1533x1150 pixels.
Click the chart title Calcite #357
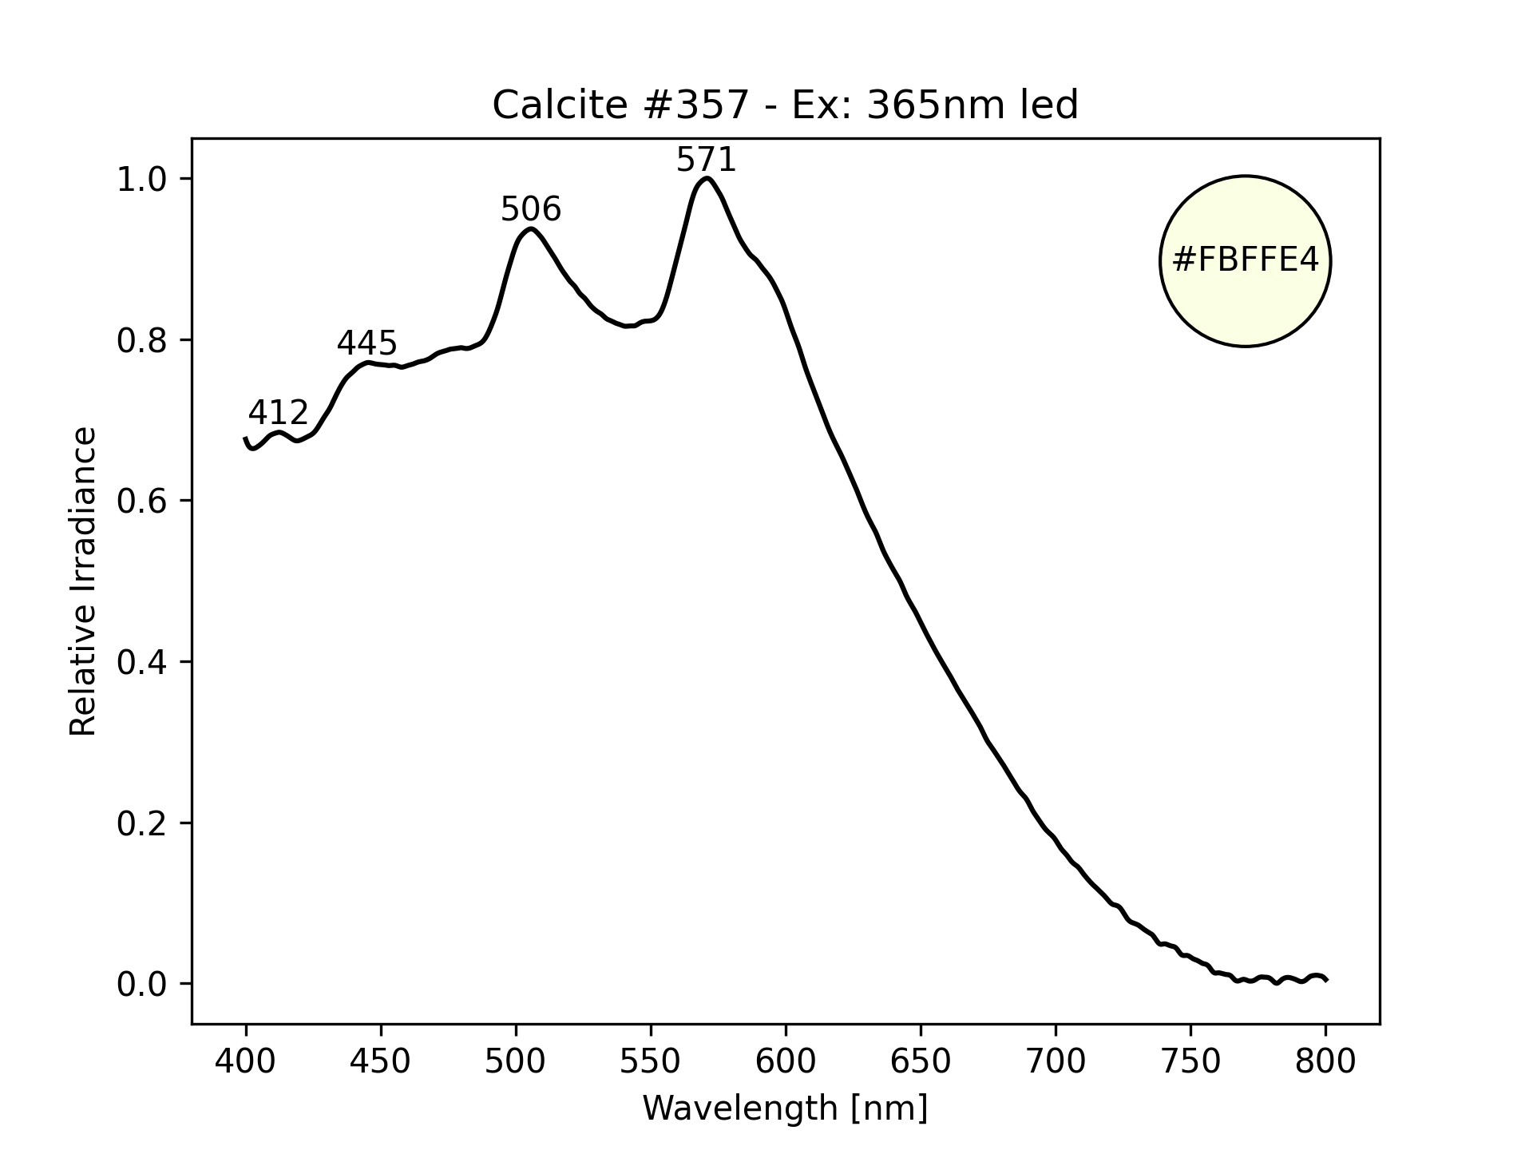coord(785,105)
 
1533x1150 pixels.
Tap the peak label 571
coord(706,161)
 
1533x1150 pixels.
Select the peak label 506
coord(531,210)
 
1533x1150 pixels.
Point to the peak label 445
coord(366,343)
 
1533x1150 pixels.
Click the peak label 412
coord(278,413)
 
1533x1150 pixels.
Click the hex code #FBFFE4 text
coord(1245,260)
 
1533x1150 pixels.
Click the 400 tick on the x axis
coord(246,1061)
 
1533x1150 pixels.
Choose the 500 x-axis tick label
coord(516,1061)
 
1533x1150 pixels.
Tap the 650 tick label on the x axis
coord(921,1061)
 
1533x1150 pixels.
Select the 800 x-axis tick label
coord(1325,1061)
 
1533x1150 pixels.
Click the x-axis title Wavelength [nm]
coord(785,1108)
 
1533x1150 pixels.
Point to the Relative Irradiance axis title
coord(83,581)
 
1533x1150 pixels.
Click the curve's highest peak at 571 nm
coord(707,178)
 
